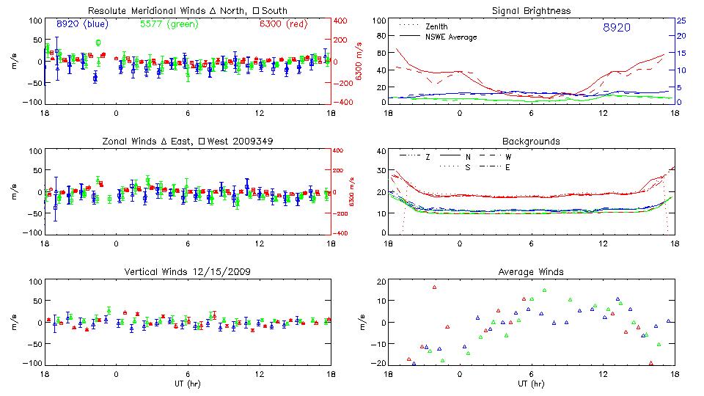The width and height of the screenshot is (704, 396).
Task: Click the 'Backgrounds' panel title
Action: click(x=531, y=141)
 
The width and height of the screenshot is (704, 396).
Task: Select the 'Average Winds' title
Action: click(x=531, y=272)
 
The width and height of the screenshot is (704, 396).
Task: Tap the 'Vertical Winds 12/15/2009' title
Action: click(x=187, y=272)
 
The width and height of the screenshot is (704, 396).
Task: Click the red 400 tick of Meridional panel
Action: click(x=340, y=21)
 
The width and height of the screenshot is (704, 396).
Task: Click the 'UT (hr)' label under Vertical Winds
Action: click(x=187, y=384)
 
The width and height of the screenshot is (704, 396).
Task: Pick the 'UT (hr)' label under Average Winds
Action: click(x=531, y=384)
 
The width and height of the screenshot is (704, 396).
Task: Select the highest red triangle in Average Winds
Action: click(x=434, y=287)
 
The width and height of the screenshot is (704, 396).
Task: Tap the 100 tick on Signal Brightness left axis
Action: click(x=379, y=21)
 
